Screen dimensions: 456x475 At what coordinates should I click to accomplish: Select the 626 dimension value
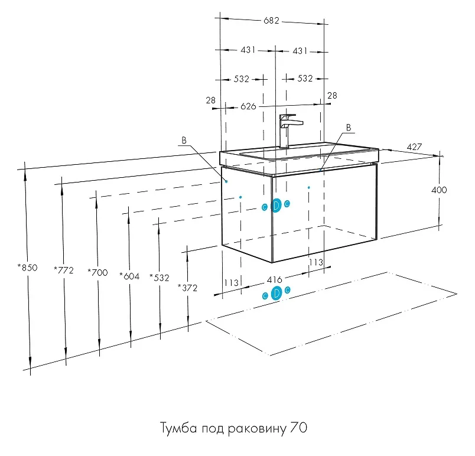coord(249,106)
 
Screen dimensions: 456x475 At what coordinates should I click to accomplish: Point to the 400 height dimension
coord(439,190)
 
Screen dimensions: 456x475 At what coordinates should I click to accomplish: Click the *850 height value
coord(27,268)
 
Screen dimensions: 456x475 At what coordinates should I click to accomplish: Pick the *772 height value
coord(63,271)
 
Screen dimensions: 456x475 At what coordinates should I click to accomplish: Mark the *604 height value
coord(129,275)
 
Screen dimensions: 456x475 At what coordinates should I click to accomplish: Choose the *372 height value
coord(187,288)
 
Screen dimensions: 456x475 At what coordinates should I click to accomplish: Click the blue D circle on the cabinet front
coord(276,206)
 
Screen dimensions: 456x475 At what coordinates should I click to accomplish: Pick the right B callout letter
coord(348,128)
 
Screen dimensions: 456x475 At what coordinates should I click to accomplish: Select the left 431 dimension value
coord(248,51)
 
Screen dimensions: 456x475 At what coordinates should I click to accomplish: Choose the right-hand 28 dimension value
coord(332,96)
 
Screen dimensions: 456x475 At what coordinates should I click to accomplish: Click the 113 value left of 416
coord(232,283)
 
